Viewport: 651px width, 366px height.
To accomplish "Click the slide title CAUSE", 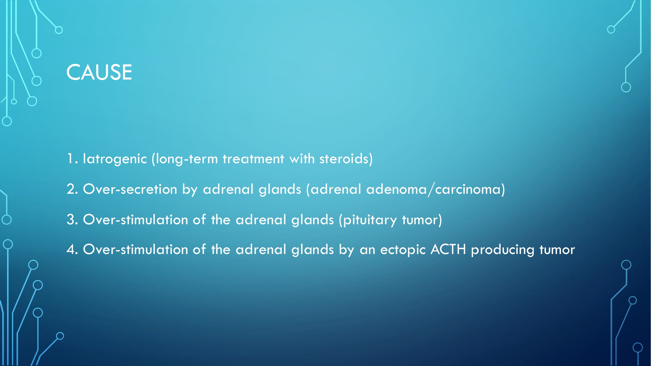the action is pyautogui.click(x=99, y=72).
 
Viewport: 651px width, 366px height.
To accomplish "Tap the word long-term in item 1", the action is pyautogui.click(x=185, y=159).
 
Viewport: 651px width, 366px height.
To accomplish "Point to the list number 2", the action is pyautogui.click(x=72, y=189).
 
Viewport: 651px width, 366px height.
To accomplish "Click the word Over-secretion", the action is pyautogui.click(x=130, y=189).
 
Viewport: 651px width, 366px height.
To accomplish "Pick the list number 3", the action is pyautogui.click(x=72, y=220).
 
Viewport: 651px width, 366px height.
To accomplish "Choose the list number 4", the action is pyautogui.click(x=72, y=249).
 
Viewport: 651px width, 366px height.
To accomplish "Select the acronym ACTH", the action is pyautogui.click(x=448, y=249).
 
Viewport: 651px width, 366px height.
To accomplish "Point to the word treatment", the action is pyautogui.click(x=253, y=159).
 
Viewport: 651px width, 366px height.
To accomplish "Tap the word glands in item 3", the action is pyautogui.click(x=313, y=220).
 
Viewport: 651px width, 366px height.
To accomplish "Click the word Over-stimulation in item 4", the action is pyautogui.click(x=135, y=249).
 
